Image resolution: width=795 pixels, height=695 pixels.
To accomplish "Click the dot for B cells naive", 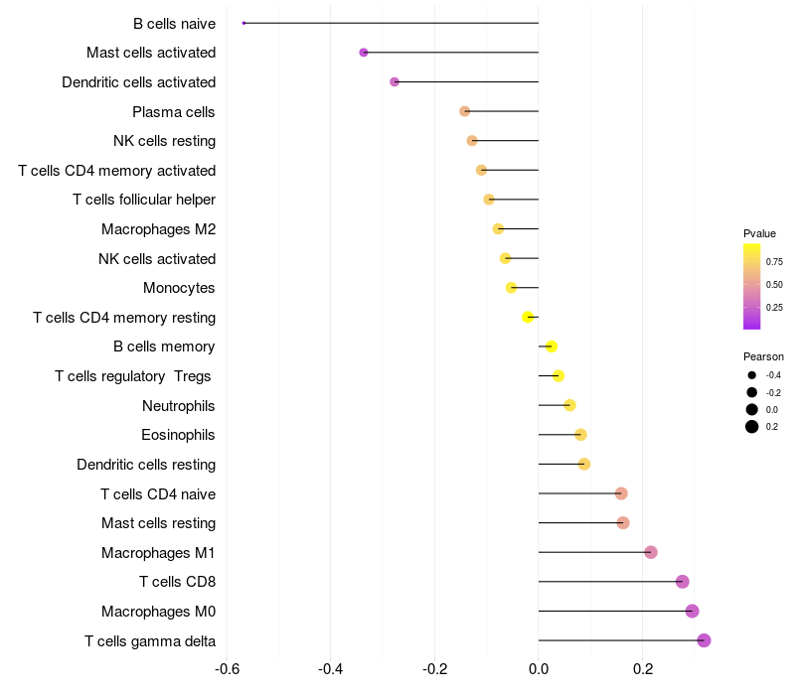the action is coord(243,23).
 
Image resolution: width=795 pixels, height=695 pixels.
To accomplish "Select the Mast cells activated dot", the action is coord(364,53).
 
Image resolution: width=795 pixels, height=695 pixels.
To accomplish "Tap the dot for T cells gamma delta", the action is coord(704,640).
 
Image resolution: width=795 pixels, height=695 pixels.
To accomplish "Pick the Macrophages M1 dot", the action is coord(651,552).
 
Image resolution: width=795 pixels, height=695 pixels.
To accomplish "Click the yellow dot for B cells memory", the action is coord(552,347).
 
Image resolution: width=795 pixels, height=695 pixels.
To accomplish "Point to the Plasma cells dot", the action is coord(464,111).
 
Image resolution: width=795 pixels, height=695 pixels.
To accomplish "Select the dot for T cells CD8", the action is coord(683,582).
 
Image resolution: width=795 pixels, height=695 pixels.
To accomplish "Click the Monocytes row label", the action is coord(179,288).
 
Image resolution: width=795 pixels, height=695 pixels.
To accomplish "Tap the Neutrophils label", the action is coord(179,406).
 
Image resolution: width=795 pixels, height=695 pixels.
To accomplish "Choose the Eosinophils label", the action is coord(178,435).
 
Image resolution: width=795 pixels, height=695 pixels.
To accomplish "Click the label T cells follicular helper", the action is coord(144,200).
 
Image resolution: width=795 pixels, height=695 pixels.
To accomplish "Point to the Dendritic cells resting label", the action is coord(146,465).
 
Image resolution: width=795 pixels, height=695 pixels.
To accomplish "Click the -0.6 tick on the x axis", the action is coord(227,669).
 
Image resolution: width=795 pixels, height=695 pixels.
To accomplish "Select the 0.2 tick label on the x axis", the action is coord(642,669).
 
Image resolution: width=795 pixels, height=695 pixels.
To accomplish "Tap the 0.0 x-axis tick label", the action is coord(539,669).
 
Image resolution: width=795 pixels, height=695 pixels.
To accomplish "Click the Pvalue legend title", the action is coord(759,233).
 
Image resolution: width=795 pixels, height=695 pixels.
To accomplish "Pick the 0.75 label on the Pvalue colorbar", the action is coord(774,262).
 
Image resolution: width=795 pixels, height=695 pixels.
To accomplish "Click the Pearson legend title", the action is coord(763,356).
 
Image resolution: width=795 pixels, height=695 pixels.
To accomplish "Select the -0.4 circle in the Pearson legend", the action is coord(752,375).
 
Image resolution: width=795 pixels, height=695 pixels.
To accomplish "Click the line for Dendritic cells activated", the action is coord(466,81).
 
